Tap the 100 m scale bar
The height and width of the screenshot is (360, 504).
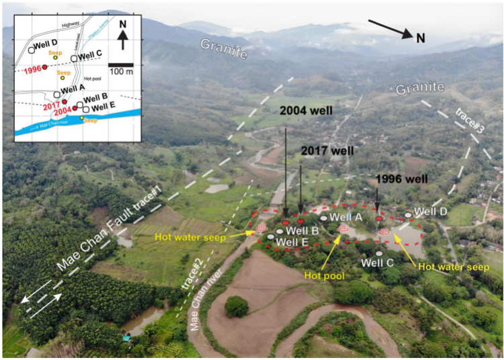[x=121, y=64]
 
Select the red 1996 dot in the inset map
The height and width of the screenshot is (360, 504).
[x=44, y=67]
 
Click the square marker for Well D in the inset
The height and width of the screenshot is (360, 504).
[x=32, y=49]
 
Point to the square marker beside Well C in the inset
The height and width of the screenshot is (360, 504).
[x=74, y=58]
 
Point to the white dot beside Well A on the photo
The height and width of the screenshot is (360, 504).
[x=323, y=218]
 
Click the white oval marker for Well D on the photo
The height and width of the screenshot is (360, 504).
[x=409, y=215]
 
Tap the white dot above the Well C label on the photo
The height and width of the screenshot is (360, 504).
[x=379, y=253]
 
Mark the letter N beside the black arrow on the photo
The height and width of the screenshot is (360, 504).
[x=420, y=38]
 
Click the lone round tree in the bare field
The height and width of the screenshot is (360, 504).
[x=236, y=306]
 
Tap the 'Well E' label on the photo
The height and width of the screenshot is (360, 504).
[x=292, y=242]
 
